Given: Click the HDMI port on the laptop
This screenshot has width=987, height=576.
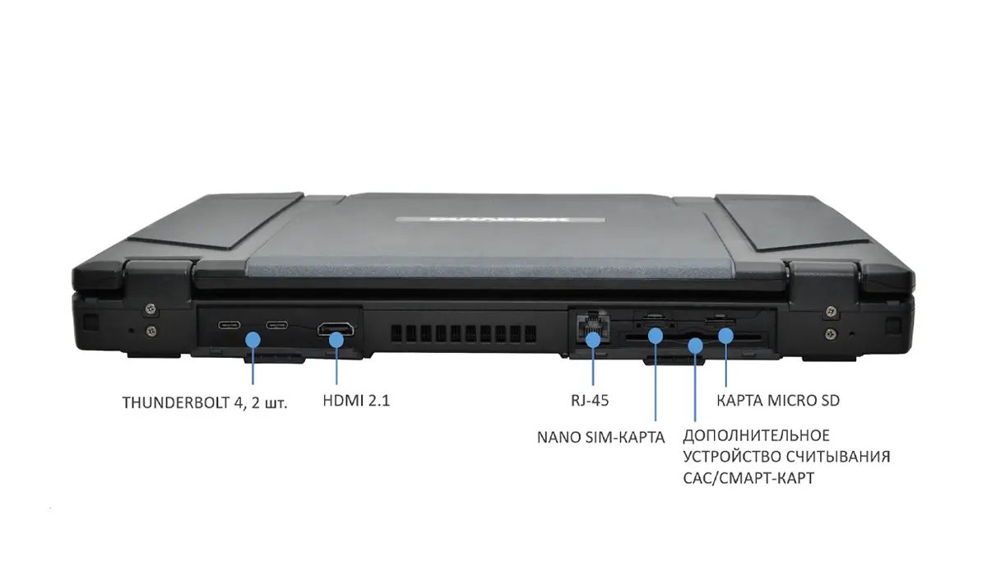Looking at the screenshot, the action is (x=336, y=329).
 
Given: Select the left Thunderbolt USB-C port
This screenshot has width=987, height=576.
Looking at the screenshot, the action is (x=229, y=325).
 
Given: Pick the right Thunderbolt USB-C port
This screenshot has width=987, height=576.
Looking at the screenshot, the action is (x=276, y=325).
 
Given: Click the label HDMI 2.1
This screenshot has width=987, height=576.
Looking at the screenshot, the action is (x=356, y=401).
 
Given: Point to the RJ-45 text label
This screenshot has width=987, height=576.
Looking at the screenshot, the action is (x=590, y=401).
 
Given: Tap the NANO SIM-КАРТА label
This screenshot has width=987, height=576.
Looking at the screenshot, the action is (x=600, y=437).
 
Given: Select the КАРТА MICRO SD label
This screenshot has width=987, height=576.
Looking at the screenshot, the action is (x=778, y=401).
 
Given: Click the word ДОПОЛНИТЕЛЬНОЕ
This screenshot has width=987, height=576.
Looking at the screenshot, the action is (x=756, y=436).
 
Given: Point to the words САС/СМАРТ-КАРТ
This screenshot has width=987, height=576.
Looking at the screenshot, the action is (x=748, y=478).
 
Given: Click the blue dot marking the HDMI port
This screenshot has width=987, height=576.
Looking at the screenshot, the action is (x=336, y=340).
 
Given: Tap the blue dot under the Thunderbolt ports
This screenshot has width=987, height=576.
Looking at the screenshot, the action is (x=253, y=340).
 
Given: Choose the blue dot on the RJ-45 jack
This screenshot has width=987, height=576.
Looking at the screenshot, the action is (x=593, y=340).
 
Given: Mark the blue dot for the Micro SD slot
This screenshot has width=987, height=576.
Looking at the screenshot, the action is (x=725, y=337).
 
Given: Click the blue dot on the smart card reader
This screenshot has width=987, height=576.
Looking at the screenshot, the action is (x=695, y=345).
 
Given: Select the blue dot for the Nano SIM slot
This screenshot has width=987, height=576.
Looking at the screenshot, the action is (x=656, y=337).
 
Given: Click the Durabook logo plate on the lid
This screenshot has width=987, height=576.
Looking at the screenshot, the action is (x=500, y=220).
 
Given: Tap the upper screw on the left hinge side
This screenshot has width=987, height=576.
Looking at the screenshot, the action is (x=151, y=308).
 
